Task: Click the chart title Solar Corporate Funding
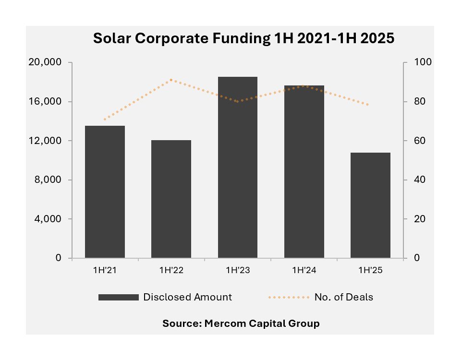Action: pyautogui.click(x=243, y=38)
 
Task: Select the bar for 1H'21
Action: pyautogui.click(x=105, y=192)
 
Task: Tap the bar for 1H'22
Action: pyautogui.click(x=171, y=199)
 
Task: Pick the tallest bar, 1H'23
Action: pyautogui.click(x=237, y=168)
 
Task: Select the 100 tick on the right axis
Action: pyautogui.click(x=413, y=62)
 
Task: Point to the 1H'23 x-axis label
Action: pyautogui.click(x=237, y=270)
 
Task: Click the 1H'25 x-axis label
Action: pyautogui.click(x=370, y=270)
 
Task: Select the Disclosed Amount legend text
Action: pyautogui.click(x=187, y=297)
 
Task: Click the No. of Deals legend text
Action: pyautogui.click(x=343, y=297)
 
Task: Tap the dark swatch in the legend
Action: pyautogui.click(x=118, y=297)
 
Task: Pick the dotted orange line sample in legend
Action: pyautogui.click(x=288, y=297)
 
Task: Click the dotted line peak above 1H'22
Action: pyautogui.click(x=171, y=80)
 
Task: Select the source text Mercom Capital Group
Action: pyautogui.click(x=241, y=324)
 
